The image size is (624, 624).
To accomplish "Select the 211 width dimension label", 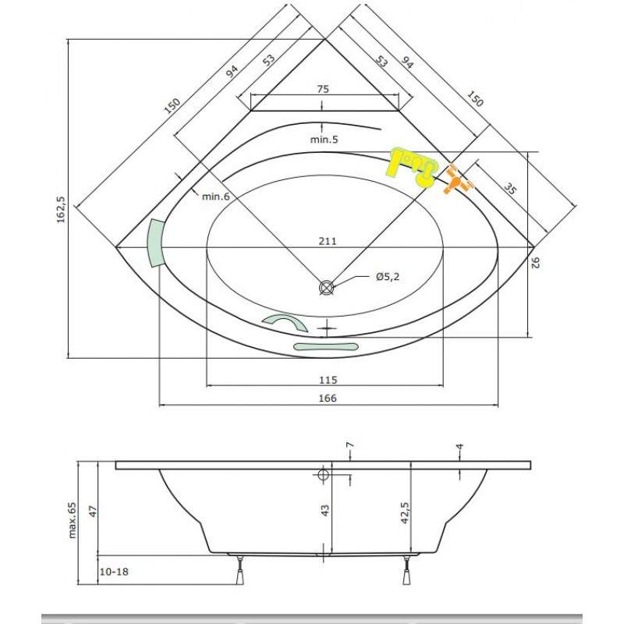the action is pyautogui.click(x=327, y=241).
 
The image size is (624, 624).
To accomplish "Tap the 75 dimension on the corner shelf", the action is pyautogui.click(x=323, y=89).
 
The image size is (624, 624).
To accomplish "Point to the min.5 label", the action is pyautogui.click(x=324, y=140).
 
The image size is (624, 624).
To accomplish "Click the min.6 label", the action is pyautogui.click(x=216, y=197).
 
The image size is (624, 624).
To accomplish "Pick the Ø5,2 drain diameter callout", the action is pyautogui.click(x=387, y=276).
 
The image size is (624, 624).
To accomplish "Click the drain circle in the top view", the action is pyautogui.click(x=326, y=287).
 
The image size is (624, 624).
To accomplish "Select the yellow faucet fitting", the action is pyautogui.click(x=412, y=166).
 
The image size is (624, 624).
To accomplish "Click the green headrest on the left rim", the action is pyautogui.click(x=155, y=243).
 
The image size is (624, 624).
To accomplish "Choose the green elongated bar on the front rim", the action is pyautogui.click(x=325, y=346).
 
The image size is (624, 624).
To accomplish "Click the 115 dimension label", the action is pyautogui.click(x=328, y=380).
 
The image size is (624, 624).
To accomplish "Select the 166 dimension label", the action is pyautogui.click(x=328, y=398).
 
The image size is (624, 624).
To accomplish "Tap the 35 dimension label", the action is pyautogui.click(x=509, y=189).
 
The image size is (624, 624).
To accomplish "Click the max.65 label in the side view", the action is pyautogui.click(x=73, y=520).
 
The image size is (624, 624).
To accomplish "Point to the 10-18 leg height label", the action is pyautogui.click(x=114, y=572).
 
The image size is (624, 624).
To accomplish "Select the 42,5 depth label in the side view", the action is pyautogui.click(x=405, y=512).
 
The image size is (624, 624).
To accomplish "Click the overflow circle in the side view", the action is pyautogui.click(x=323, y=474).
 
